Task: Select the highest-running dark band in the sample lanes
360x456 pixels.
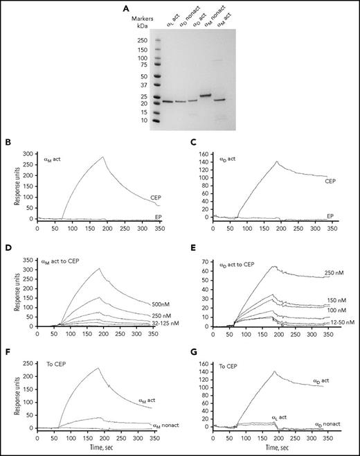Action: pos(206,95)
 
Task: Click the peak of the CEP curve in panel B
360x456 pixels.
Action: pos(104,157)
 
